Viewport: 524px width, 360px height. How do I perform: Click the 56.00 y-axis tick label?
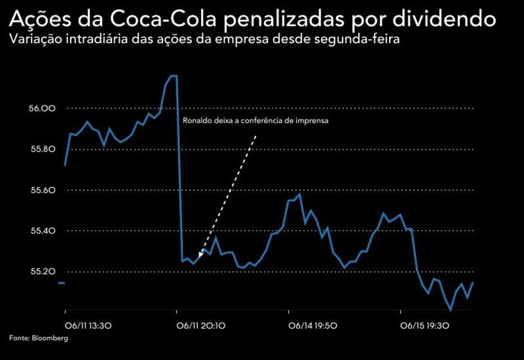click(x=42, y=108)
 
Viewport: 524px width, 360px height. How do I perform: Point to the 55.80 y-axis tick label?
click(x=42, y=150)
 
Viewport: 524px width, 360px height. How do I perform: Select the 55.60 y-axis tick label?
click(x=42, y=191)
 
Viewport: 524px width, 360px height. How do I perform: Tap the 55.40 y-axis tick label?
click(x=42, y=231)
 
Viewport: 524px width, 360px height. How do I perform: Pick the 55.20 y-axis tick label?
click(x=42, y=271)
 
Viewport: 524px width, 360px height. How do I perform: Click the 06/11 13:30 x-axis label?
click(x=89, y=325)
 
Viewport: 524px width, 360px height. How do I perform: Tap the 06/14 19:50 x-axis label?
click(x=313, y=325)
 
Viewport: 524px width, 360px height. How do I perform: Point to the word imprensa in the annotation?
click(x=313, y=121)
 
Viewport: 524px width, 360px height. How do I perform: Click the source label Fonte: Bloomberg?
click(x=39, y=338)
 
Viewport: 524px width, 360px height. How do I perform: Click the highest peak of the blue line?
click(x=171, y=76)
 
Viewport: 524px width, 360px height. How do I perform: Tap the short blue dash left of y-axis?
click(x=62, y=282)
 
